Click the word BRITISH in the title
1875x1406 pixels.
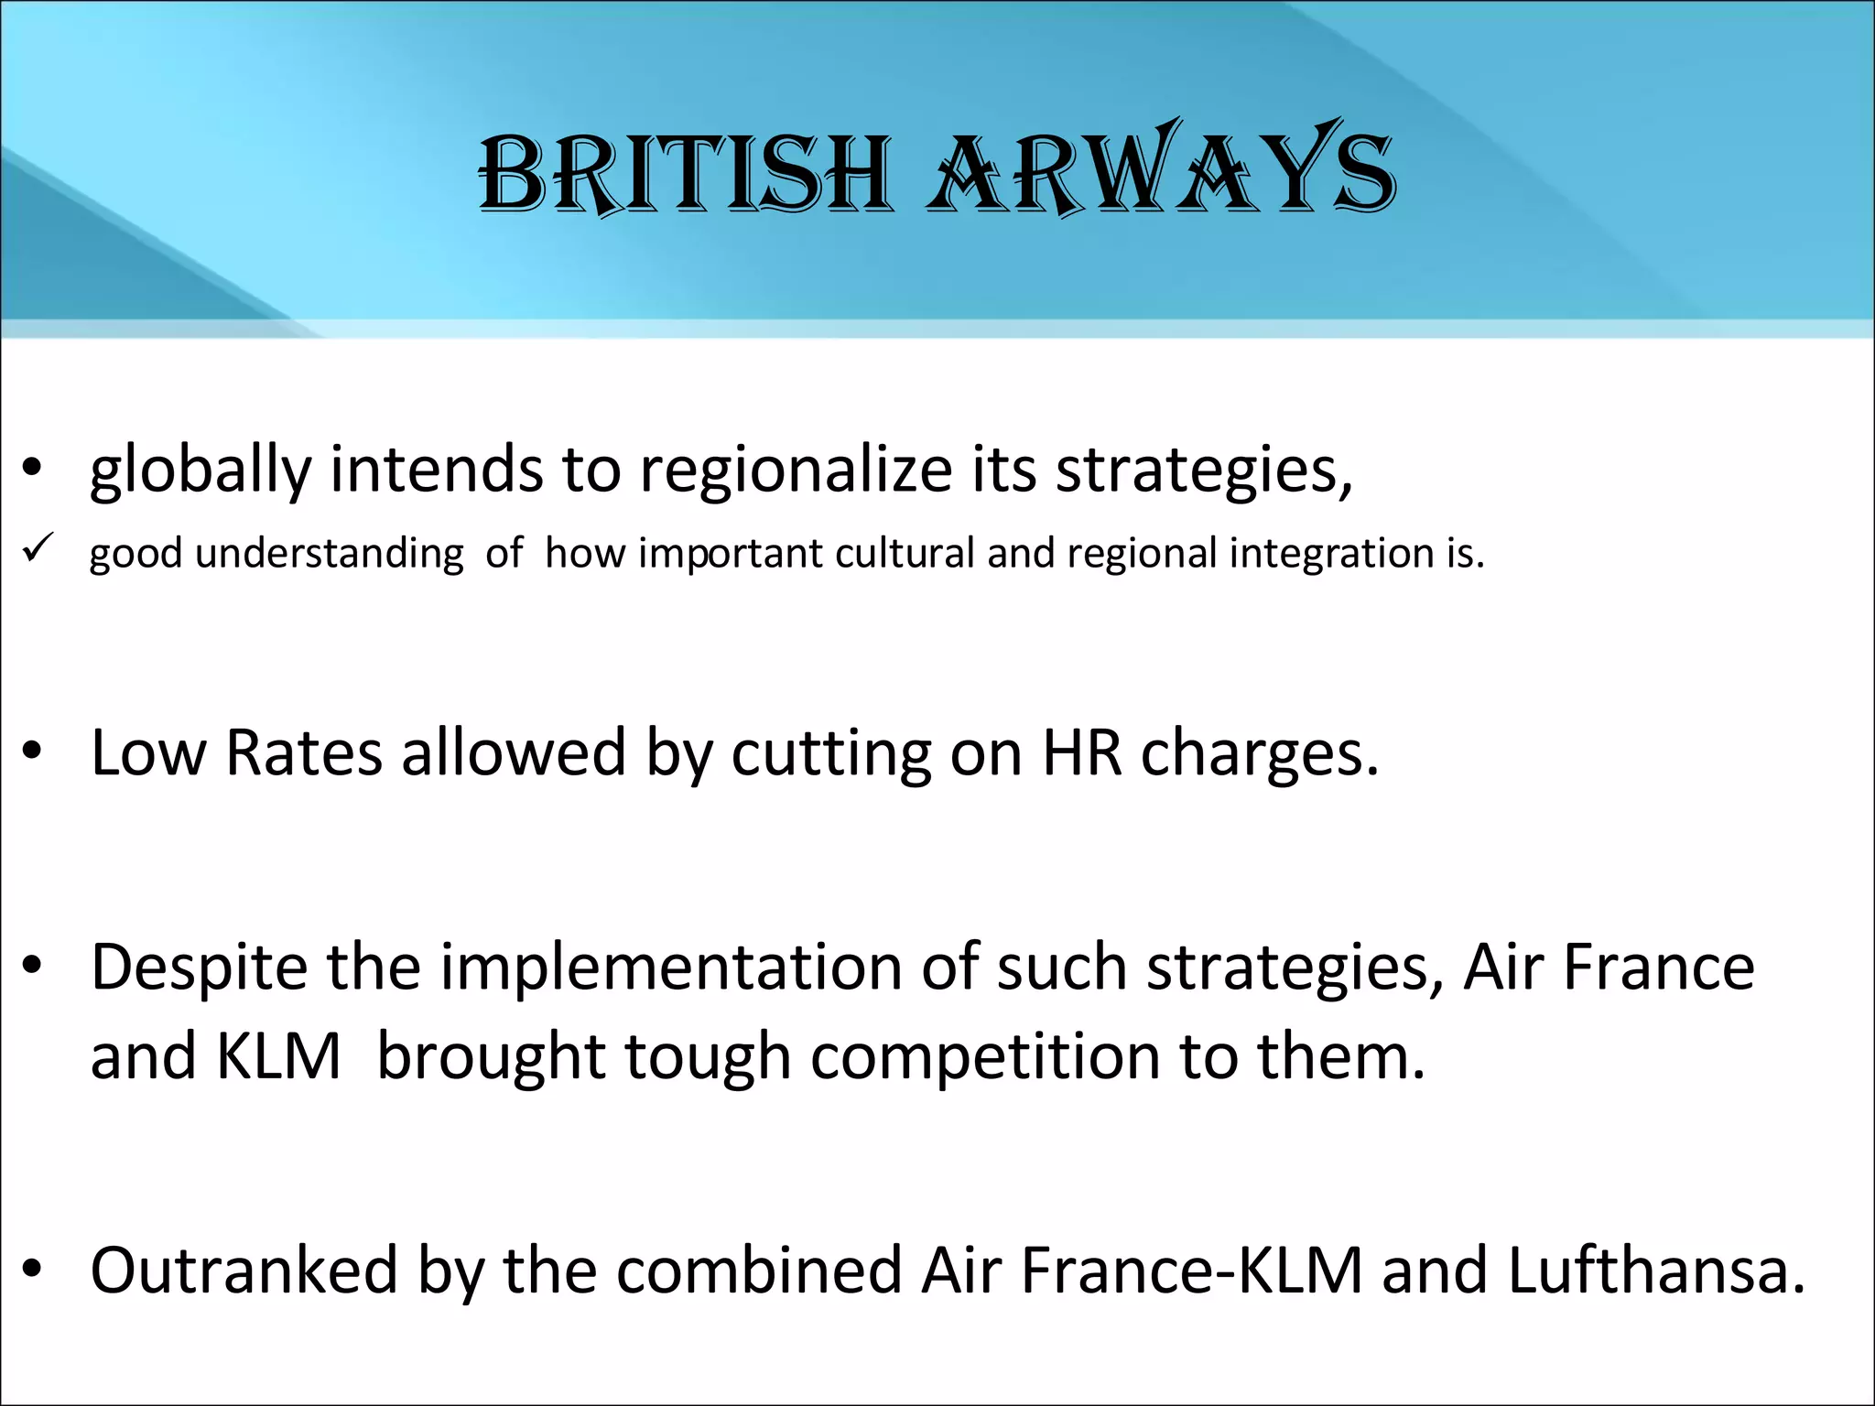click(x=685, y=174)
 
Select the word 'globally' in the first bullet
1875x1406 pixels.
click(x=201, y=470)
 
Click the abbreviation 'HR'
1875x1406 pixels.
click(x=1081, y=753)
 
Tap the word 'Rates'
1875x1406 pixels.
click(x=303, y=753)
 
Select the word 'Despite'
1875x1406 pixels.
click(x=199, y=968)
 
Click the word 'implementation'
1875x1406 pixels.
click(x=671, y=968)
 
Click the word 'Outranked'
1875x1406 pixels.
click(x=244, y=1271)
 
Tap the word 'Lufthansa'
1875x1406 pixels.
click(x=1655, y=1271)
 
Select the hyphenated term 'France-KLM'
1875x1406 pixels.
click(x=1191, y=1271)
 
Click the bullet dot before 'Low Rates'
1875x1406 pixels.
click(x=33, y=752)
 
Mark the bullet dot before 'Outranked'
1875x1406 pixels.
click(x=33, y=1269)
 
